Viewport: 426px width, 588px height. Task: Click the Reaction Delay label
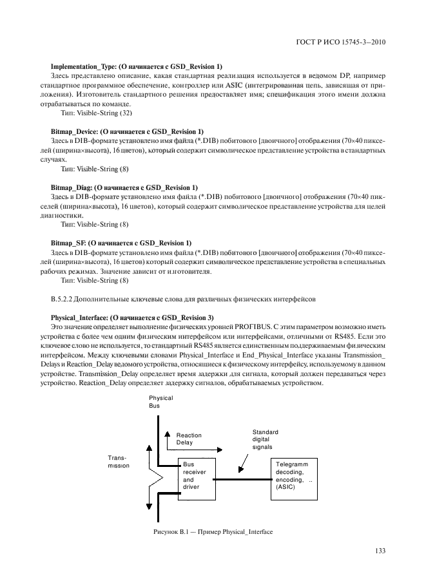189,439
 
